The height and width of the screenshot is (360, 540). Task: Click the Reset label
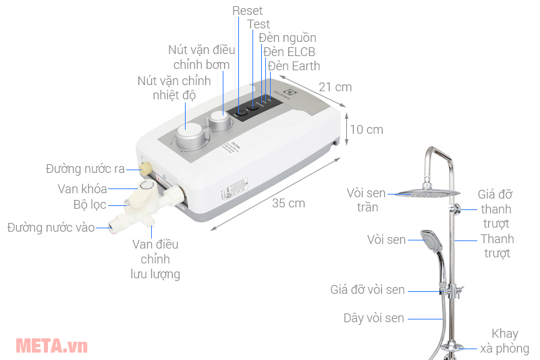[x=247, y=11]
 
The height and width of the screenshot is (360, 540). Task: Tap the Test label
[x=259, y=24]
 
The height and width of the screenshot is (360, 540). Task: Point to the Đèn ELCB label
[x=289, y=52]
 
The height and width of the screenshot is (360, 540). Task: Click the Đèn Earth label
[x=294, y=66]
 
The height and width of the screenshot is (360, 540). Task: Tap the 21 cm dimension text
[x=335, y=87]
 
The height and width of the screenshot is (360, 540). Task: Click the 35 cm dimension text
[x=288, y=203]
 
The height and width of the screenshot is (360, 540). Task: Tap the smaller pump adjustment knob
[x=219, y=122]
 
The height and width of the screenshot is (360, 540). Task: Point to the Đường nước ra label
[x=85, y=168]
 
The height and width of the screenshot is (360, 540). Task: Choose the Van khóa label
[x=82, y=188]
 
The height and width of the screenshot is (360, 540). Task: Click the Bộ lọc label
[x=90, y=205]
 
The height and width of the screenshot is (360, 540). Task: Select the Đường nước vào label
[x=51, y=227]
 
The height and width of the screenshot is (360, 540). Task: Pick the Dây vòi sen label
[x=373, y=318]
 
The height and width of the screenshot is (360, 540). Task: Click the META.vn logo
[x=51, y=346]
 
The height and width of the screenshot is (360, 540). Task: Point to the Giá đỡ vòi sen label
[x=368, y=290]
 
